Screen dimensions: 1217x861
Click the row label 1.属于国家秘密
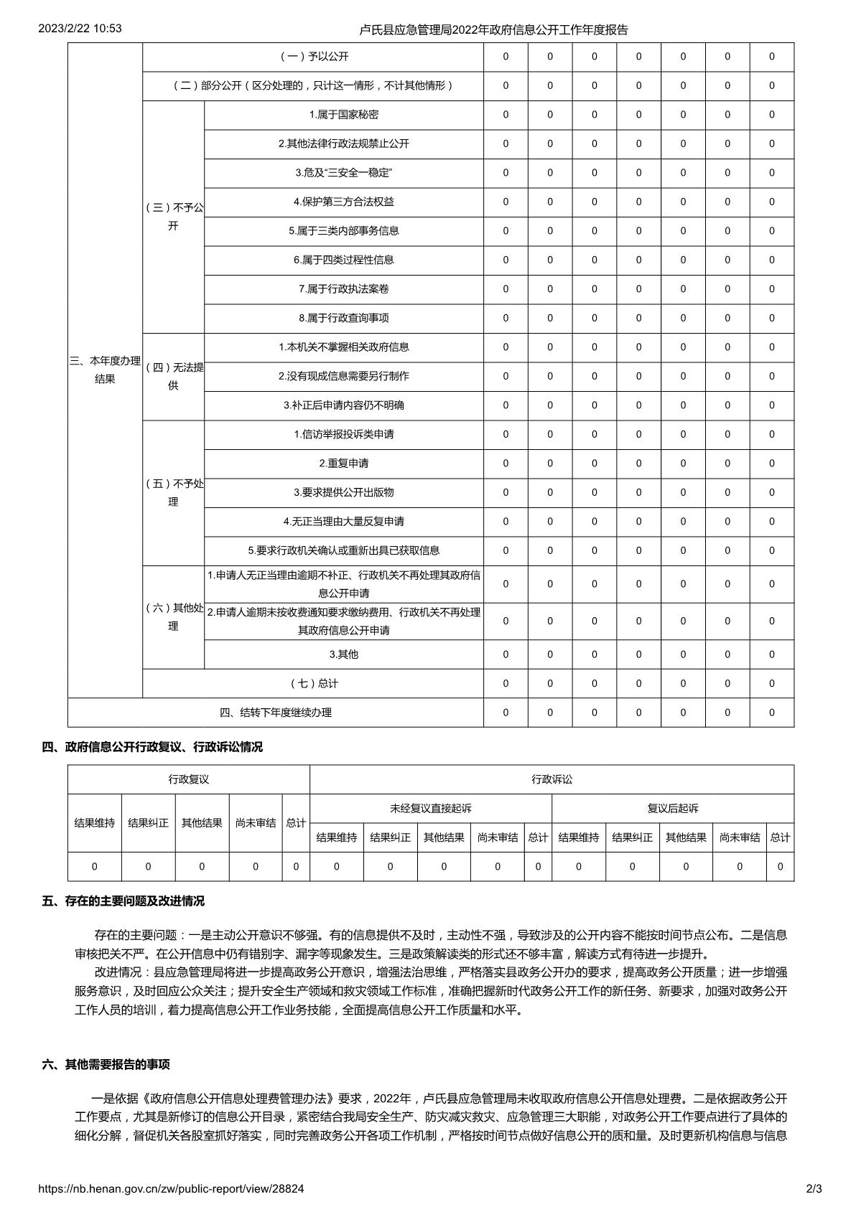tap(344, 115)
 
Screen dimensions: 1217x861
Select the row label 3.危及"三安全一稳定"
tap(344, 173)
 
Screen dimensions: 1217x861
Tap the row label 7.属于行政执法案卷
tap(344, 289)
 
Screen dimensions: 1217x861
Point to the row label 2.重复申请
tap(344, 464)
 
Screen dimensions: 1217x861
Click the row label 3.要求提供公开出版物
tap(344, 492)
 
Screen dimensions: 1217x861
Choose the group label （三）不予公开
tap(173, 217)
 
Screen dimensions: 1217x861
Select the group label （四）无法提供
tap(173, 377)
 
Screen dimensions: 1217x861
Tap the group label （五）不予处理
tap(173, 493)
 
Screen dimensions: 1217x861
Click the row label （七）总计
tap(313, 683)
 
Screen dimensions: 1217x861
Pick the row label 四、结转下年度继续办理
tap(276, 713)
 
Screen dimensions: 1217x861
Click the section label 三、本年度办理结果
tap(105, 370)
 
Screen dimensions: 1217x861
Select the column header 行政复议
tap(189, 779)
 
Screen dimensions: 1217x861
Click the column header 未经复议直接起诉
tap(431, 809)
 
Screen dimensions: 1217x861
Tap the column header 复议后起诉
tap(673, 809)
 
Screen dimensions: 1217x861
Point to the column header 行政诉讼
tap(552, 779)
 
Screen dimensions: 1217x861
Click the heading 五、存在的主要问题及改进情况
tap(124, 901)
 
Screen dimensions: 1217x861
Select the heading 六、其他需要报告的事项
tap(106, 1064)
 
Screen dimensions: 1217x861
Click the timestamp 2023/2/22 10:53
tap(80, 29)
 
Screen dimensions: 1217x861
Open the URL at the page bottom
tap(171, 1189)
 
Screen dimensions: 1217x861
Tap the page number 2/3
tap(814, 1189)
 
